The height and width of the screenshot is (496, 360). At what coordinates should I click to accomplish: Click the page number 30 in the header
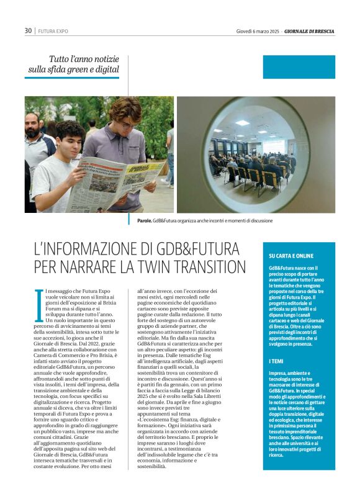click(28, 30)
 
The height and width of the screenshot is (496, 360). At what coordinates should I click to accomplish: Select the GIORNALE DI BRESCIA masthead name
click(309, 30)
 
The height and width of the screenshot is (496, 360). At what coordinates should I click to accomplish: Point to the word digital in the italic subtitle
click(106, 70)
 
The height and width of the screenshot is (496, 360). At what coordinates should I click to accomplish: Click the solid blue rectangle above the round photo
click(299, 67)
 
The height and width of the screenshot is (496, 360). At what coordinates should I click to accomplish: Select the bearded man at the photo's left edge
click(34, 143)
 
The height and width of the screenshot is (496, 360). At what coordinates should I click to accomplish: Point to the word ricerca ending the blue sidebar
click(277, 455)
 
